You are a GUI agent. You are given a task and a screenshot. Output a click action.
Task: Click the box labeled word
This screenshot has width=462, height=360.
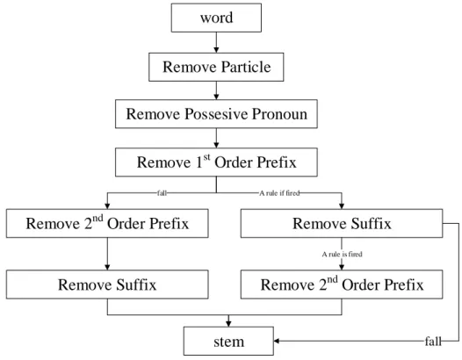coord(216,18)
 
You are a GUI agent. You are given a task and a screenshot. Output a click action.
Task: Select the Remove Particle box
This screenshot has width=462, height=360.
coord(216,67)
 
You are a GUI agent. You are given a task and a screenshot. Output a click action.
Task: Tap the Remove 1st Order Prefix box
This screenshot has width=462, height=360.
coord(216,162)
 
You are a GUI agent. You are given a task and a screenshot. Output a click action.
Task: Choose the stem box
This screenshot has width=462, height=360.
coord(228,342)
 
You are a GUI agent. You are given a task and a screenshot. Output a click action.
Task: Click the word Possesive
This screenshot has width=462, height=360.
coord(216,114)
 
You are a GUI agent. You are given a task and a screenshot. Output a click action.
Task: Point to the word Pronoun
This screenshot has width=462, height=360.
coord(279,114)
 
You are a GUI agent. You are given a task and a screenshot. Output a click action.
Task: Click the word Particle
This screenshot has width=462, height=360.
coord(246,67)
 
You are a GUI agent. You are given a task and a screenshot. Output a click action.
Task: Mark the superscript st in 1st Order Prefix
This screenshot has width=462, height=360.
coord(206,157)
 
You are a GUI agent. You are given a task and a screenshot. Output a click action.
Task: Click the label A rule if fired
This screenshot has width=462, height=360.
coord(279,193)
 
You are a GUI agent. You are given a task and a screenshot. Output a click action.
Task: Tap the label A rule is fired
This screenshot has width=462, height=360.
coord(342,255)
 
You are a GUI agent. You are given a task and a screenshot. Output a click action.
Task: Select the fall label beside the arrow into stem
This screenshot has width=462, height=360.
coord(433,342)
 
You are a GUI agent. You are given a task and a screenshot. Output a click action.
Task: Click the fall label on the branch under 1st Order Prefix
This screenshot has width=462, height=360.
coord(162,193)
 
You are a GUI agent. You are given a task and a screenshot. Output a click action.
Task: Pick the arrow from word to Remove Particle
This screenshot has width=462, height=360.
coord(216,42)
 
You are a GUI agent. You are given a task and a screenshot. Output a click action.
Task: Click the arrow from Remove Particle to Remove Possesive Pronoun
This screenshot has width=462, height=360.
coord(216,90)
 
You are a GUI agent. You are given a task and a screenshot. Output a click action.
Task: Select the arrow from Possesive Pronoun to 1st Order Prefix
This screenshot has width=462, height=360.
coord(216,138)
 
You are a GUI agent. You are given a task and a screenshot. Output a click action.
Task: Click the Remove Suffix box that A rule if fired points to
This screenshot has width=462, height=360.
coord(342,224)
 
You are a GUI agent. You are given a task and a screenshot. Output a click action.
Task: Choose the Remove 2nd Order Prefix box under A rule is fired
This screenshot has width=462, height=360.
coord(342,284)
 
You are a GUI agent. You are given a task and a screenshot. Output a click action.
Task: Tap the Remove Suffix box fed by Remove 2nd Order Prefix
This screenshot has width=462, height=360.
coord(107,284)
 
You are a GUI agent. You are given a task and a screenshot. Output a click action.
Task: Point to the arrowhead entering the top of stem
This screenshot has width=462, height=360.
coord(228,324)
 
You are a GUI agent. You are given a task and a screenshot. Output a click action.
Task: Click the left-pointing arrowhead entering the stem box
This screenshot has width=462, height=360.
coord(277,342)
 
